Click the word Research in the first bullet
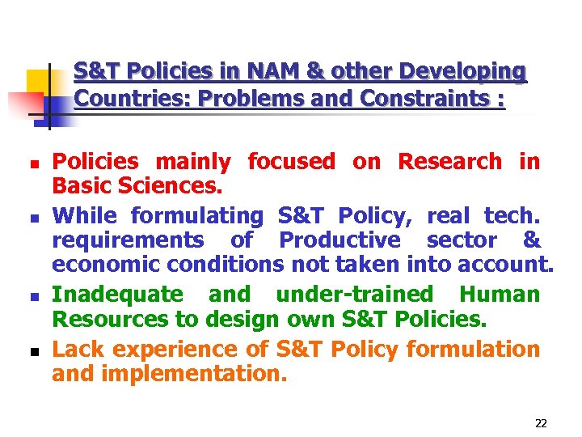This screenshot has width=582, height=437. pyautogui.click(x=450, y=161)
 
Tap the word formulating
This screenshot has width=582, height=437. pyautogui.click(x=197, y=215)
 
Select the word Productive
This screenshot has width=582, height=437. pyautogui.click(x=339, y=240)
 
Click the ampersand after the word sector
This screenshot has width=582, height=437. pyautogui.click(x=532, y=240)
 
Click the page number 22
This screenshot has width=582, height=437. pyautogui.click(x=541, y=423)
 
